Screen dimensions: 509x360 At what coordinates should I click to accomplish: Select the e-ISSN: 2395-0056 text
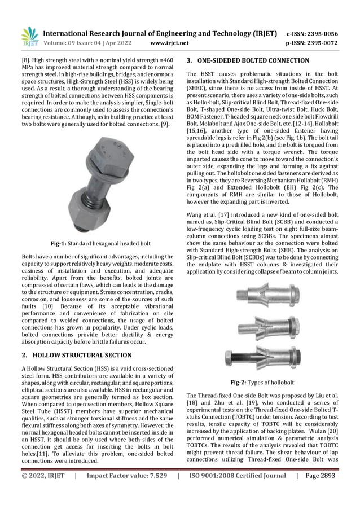(x=320, y=33)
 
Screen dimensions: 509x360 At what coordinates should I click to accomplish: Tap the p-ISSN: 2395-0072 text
(x=320, y=43)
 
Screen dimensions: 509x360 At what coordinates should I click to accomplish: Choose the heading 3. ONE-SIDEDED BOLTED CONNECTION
(x=248, y=60)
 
